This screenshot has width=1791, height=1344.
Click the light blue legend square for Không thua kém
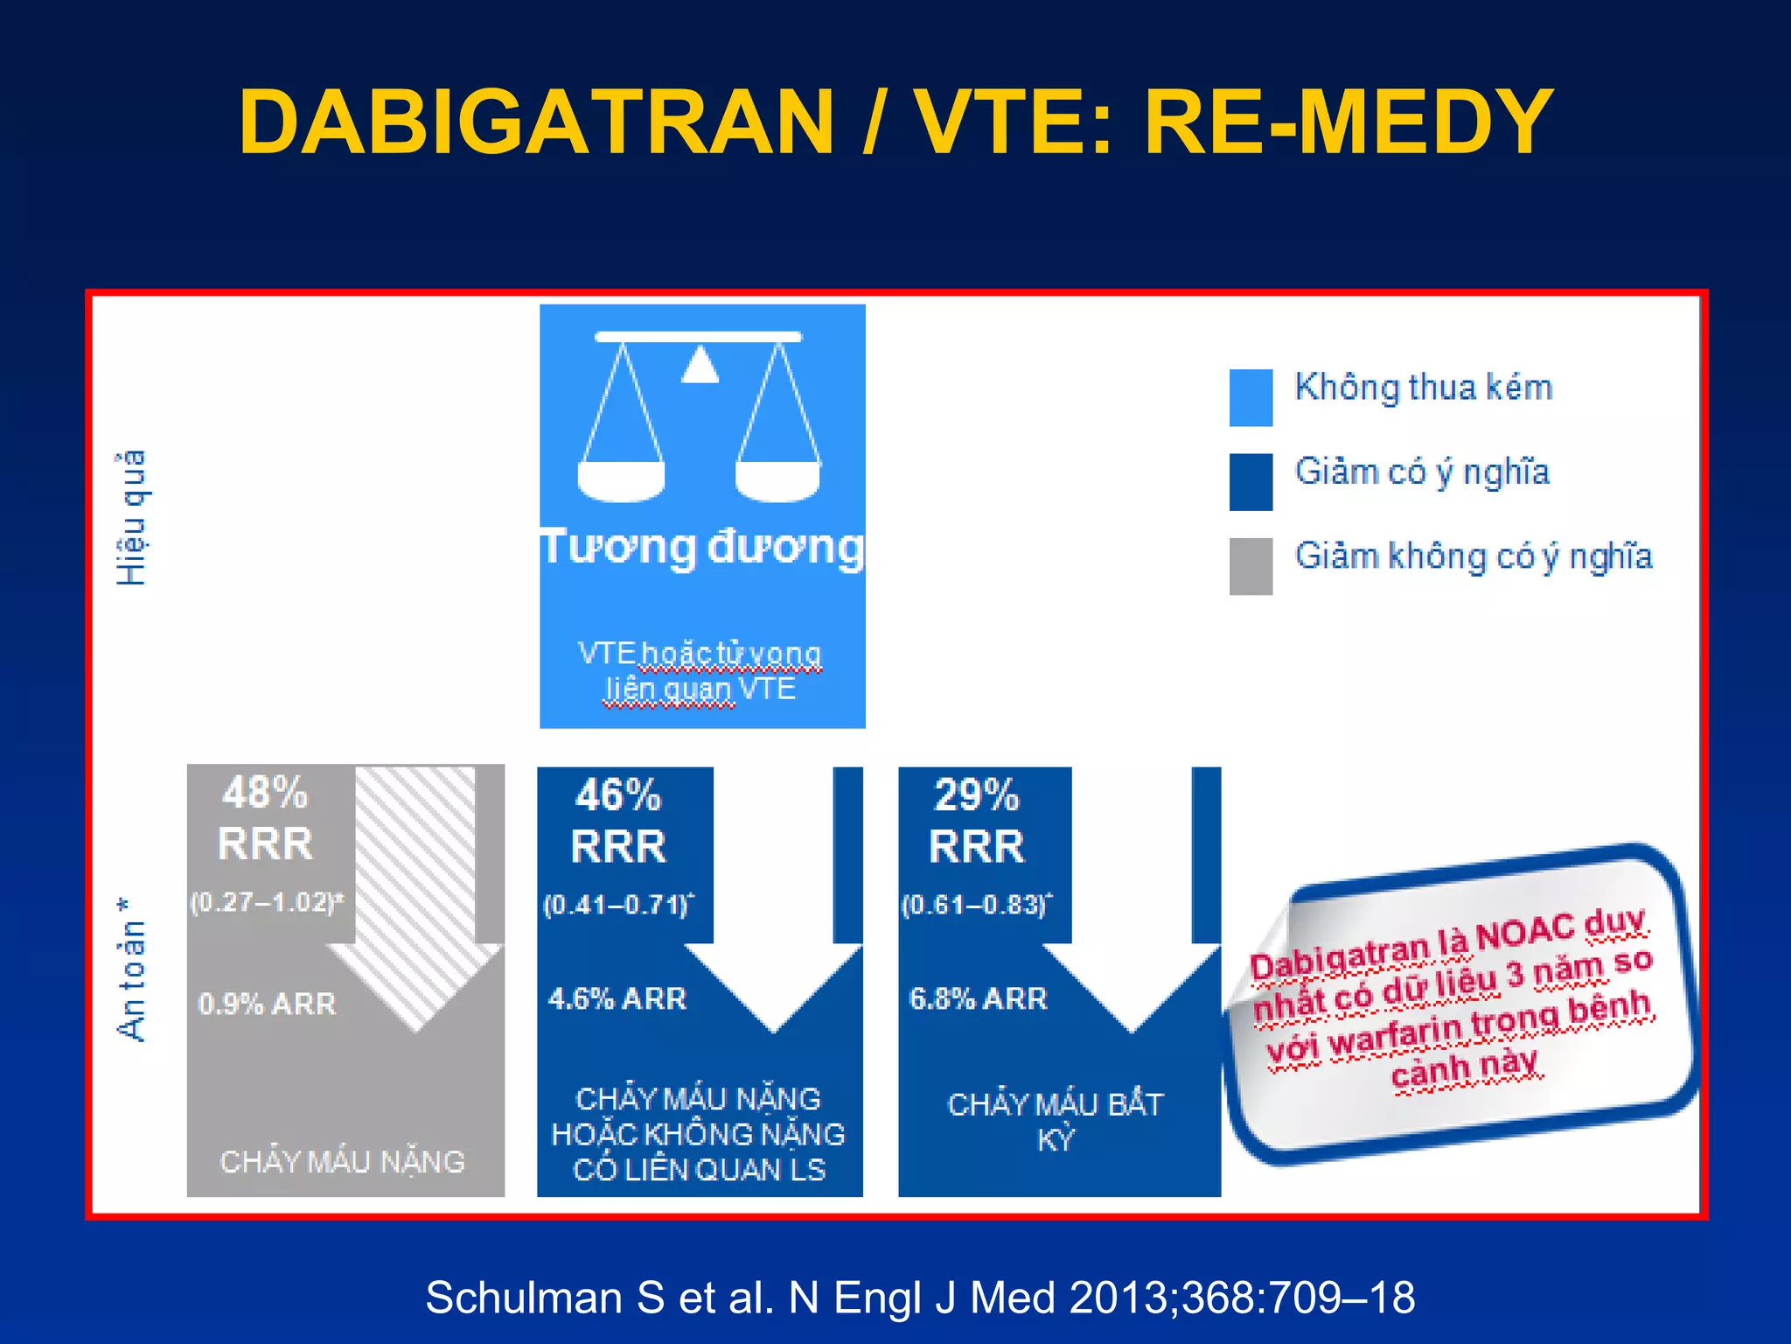click(1251, 398)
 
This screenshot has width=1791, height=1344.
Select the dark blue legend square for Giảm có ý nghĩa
click(1251, 482)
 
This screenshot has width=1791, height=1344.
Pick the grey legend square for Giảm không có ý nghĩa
click(1251, 566)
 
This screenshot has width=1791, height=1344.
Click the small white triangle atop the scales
click(700, 367)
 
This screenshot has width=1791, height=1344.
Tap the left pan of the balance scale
click(622, 480)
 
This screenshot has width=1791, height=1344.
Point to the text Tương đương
click(702, 549)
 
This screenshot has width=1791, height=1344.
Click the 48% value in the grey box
click(265, 794)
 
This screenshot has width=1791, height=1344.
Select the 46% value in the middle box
click(618, 796)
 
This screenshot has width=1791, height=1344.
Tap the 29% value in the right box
click(977, 796)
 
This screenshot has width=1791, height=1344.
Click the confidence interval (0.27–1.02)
click(267, 902)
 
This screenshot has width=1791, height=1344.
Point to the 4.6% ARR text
click(617, 999)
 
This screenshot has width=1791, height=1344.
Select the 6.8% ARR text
click(978, 999)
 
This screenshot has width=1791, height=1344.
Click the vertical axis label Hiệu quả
click(132, 518)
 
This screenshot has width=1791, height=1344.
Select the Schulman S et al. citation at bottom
click(920, 1298)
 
